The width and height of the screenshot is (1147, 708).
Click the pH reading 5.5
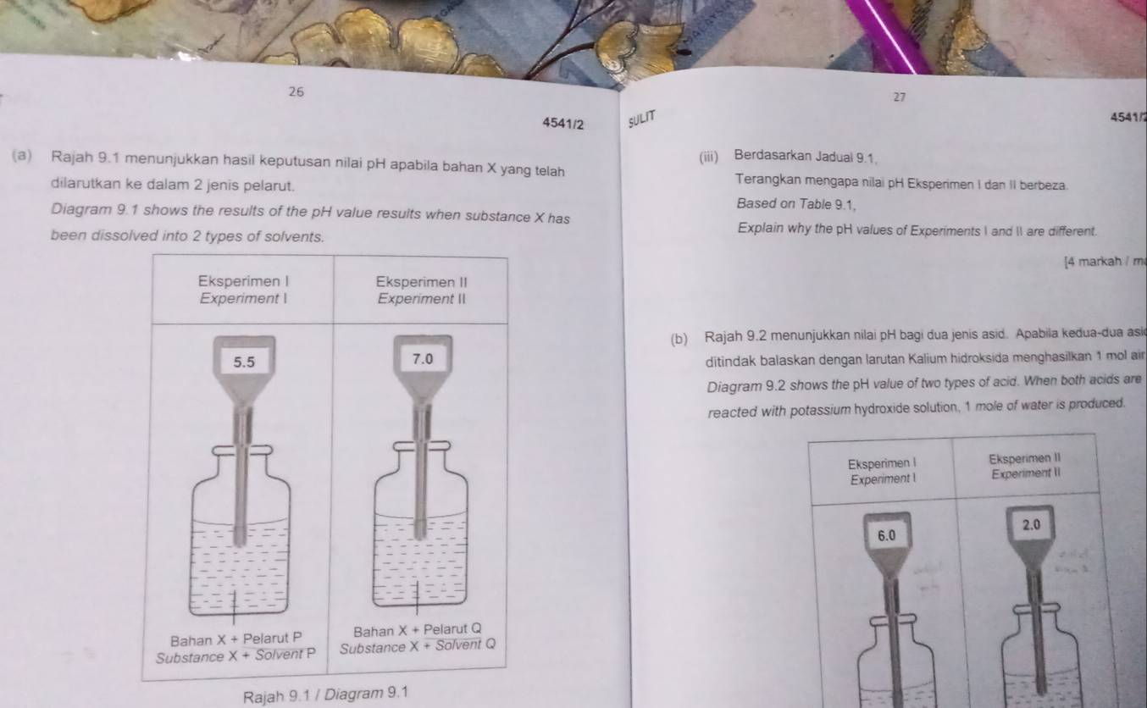(244, 362)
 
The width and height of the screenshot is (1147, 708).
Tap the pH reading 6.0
(887, 535)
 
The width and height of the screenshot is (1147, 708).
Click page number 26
(296, 90)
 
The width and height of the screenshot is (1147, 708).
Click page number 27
(900, 97)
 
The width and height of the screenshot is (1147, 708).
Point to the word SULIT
(644, 119)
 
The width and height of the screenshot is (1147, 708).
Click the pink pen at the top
(889, 34)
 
